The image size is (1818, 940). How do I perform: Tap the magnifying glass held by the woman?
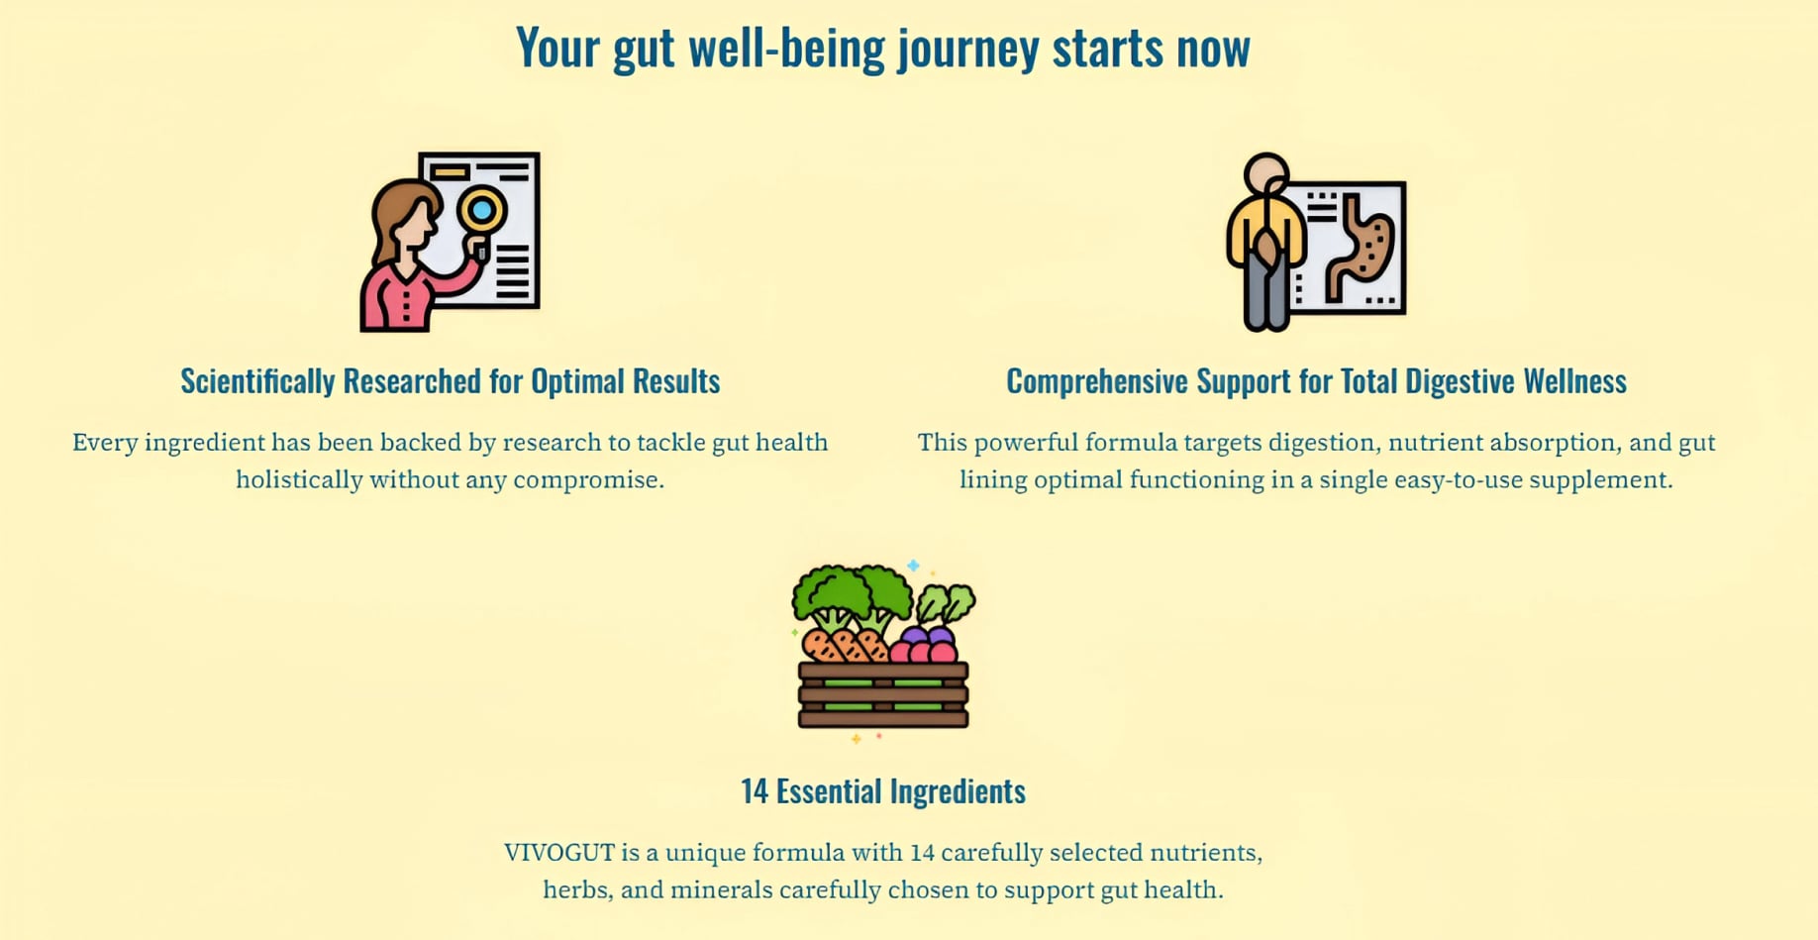coord(481,213)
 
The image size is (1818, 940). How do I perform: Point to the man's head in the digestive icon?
coord(1266,174)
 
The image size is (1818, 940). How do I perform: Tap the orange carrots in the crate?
coord(845,645)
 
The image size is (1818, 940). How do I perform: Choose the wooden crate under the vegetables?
coord(883,695)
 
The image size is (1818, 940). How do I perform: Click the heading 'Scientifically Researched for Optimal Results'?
coord(451,380)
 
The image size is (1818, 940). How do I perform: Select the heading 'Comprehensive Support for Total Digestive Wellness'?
coord(1316,380)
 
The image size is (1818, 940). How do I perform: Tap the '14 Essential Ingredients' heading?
coord(883,790)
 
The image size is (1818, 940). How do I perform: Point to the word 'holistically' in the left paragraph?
coord(299,479)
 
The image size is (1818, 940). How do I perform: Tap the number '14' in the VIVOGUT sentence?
coord(922,852)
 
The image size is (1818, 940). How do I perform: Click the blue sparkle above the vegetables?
coord(913,566)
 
